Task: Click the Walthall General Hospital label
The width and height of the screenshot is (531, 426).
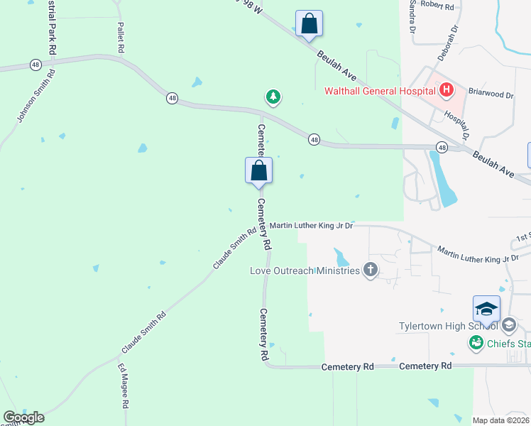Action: tap(380, 91)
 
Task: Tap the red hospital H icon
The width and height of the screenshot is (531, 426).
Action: tap(446, 90)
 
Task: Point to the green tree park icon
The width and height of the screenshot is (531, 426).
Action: tap(273, 97)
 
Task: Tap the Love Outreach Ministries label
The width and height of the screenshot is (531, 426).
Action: tap(305, 271)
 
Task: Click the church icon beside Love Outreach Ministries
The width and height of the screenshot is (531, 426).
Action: tap(370, 270)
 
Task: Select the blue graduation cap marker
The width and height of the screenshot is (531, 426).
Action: tap(487, 309)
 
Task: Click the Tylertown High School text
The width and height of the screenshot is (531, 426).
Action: tap(447, 326)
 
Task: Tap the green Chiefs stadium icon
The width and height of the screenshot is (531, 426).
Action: tap(476, 344)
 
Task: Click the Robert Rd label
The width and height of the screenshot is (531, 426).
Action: tap(437, 5)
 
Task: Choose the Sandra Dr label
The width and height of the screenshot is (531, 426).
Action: tap(410, 17)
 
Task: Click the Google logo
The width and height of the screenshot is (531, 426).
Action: tap(24, 417)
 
